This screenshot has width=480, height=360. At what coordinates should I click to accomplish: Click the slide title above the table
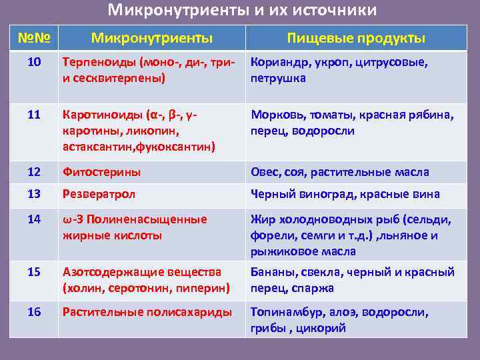[242, 11]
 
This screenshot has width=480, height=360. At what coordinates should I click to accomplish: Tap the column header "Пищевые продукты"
[356, 38]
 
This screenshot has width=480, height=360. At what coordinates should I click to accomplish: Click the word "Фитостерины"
[101, 172]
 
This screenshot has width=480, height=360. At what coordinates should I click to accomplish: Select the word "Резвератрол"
[99, 194]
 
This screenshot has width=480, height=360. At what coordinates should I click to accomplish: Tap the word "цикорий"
[325, 328]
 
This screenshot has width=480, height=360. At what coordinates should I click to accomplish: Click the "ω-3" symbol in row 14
[71, 219]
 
